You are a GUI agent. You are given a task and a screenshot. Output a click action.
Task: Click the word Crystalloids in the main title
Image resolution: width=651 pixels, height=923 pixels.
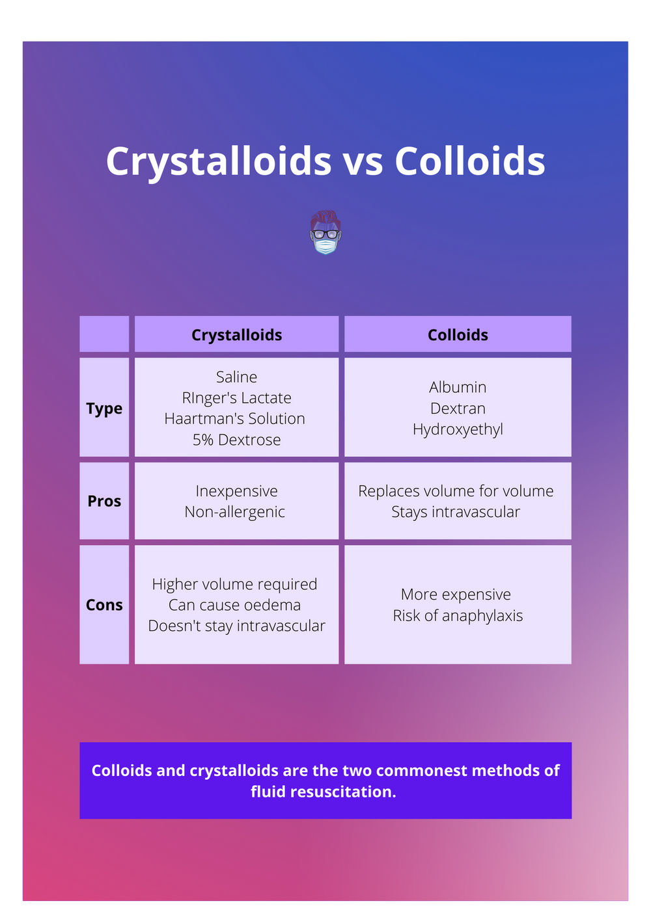tap(219, 161)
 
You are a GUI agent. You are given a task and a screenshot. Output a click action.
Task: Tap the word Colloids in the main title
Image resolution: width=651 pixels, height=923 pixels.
tap(469, 161)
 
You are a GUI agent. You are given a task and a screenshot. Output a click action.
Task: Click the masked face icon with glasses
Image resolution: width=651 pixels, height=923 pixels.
tap(325, 232)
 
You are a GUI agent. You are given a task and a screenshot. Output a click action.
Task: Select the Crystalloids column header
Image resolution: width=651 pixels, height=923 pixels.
tap(236, 335)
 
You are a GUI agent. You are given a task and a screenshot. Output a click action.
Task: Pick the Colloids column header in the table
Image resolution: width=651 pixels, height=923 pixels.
tap(458, 335)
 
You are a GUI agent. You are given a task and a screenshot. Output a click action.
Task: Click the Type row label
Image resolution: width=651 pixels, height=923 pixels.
tap(104, 408)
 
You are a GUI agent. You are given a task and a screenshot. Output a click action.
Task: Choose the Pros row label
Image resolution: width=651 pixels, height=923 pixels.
tap(104, 502)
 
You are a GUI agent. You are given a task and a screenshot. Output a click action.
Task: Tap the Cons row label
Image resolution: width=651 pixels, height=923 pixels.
tap(104, 605)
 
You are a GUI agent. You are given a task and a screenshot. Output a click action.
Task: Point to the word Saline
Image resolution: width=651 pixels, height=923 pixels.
tap(236, 377)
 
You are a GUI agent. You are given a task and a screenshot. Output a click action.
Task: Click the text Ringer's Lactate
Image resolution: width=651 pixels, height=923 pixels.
tap(236, 398)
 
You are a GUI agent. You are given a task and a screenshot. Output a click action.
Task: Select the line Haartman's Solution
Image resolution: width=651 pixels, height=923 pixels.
tap(234, 419)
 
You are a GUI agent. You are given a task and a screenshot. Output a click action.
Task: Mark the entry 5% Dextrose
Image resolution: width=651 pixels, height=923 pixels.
tap(236, 440)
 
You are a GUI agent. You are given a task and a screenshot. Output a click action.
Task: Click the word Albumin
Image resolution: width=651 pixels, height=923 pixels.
tap(458, 388)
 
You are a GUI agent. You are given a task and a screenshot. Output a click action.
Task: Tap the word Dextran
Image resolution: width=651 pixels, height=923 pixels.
tap(458, 408)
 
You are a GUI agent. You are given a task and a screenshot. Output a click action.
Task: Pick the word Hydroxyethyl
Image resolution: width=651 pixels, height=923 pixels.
tap(458, 429)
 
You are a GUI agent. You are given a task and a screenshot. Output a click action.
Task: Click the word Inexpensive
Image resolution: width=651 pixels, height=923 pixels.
tap(236, 491)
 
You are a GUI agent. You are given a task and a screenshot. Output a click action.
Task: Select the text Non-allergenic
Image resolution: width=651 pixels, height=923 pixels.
tap(234, 512)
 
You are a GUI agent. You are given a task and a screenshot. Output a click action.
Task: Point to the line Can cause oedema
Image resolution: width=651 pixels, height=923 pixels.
tap(234, 605)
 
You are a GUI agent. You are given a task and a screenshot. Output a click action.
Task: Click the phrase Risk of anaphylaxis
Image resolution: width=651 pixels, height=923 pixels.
tap(458, 615)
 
